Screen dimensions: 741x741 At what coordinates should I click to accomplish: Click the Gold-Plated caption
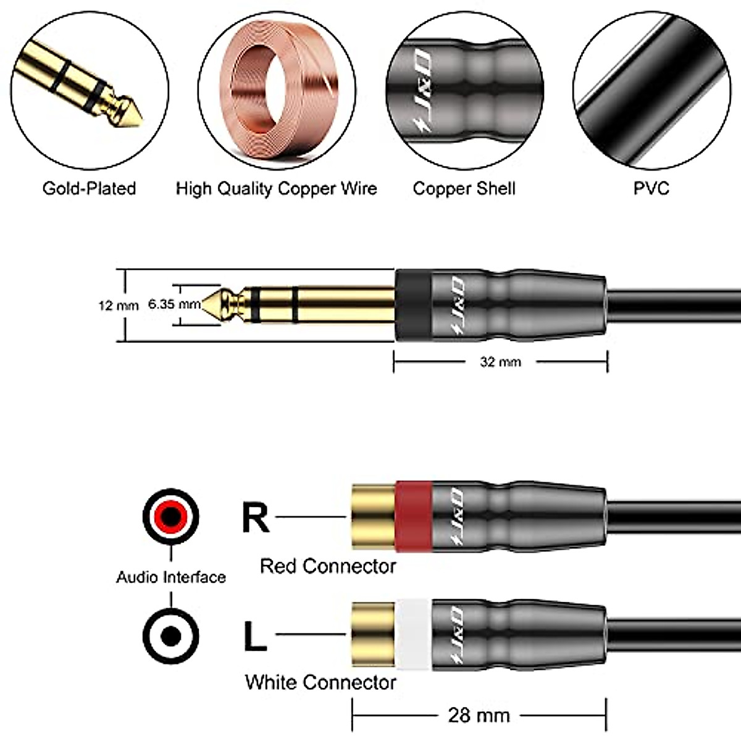point(89,188)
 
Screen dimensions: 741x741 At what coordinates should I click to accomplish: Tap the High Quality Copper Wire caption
point(276,188)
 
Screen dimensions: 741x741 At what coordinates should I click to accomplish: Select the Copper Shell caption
point(464,188)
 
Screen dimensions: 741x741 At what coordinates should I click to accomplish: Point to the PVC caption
point(651,188)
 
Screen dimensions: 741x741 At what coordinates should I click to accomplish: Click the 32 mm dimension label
point(500,362)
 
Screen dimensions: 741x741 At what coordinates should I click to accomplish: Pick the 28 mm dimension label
point(479,716)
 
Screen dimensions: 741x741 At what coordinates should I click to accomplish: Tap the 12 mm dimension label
point(118,305)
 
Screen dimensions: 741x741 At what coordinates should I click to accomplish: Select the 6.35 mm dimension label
point(174,304)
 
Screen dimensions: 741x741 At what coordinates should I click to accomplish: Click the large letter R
point(255,517)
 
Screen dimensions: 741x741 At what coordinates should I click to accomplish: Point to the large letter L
point(255,636)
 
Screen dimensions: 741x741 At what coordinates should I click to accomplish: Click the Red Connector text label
point(327,566)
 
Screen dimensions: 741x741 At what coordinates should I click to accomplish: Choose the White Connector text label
point(320,682)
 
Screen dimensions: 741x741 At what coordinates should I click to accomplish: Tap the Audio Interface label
point(171,577)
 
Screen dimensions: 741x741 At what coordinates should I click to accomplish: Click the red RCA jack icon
point(171,516)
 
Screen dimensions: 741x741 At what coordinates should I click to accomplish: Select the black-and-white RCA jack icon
point(171,635)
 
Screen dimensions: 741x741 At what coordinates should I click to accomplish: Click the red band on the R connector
point(412,516)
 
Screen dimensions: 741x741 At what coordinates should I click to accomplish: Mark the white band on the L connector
point(414,634)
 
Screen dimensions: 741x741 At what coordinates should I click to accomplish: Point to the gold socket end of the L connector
point(373,634)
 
